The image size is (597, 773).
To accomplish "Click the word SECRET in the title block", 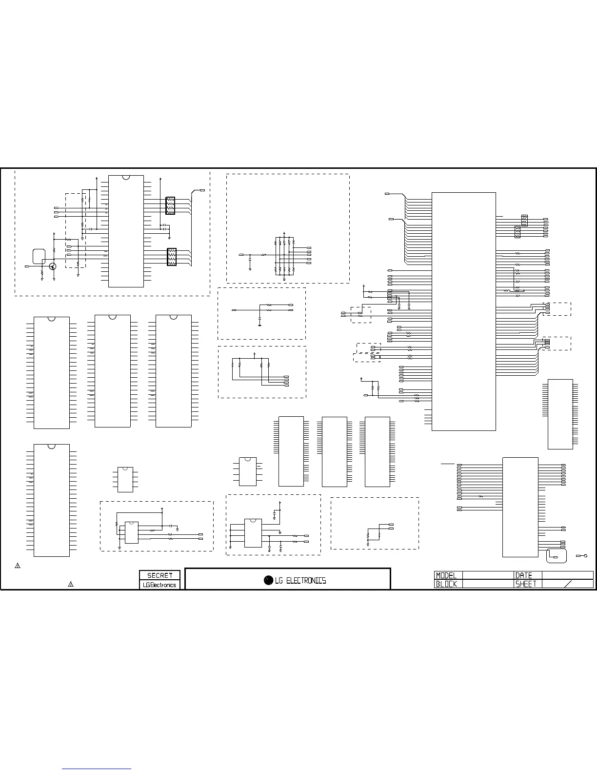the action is (159, 575).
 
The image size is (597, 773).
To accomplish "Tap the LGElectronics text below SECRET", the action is (159, 585).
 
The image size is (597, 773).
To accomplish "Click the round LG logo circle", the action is (268, 580).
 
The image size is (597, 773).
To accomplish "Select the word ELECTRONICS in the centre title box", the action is (306, 581).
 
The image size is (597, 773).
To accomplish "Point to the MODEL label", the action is (446, 575).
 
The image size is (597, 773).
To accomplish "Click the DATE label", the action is (524, 575).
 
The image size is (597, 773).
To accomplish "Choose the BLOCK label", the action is (446, 584).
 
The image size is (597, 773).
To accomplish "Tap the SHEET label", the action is (526, 584).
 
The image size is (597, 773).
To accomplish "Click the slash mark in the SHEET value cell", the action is (568, 584).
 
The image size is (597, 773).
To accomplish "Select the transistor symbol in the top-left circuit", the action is (53, 266).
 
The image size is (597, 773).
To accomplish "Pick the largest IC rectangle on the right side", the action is (464, 312).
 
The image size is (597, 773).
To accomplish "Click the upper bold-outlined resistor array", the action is (170, 205).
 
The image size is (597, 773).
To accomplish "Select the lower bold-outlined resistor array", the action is (172, 257).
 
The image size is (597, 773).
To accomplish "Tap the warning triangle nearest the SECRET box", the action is (71, 584).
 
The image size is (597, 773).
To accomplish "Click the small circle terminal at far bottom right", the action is (586, 556).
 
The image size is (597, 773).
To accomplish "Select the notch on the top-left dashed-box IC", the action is (126, 178).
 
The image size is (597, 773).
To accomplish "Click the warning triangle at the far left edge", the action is (18, 566).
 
